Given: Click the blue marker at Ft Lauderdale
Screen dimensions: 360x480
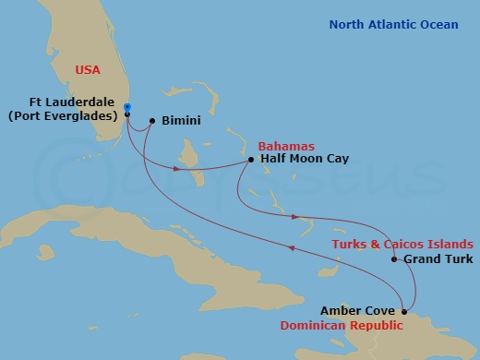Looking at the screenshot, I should [126, 107].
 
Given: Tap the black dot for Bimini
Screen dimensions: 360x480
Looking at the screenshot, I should [151, 120].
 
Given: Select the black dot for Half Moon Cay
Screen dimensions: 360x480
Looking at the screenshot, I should [251, 161].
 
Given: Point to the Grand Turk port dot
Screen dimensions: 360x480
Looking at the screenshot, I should [394, 259].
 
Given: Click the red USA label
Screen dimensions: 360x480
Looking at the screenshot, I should [88, 68].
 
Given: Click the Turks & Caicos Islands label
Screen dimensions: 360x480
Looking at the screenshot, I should [403, 244].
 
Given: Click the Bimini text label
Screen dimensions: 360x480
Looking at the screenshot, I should [180, 121].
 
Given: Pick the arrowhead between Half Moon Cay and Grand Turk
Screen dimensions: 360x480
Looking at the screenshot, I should [294, 218].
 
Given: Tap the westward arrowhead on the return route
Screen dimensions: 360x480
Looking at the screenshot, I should [294, 246].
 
